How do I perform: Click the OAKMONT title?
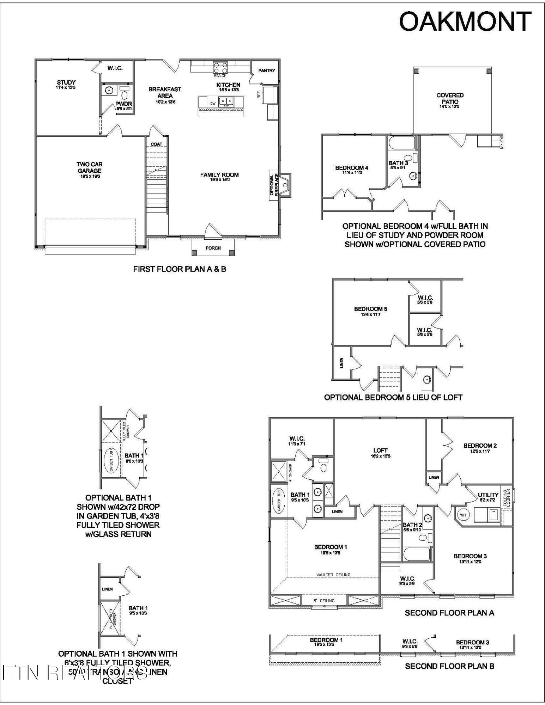point(465,22)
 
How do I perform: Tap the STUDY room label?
point(66,82)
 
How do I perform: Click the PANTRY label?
point(266,70)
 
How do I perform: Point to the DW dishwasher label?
point(212,104)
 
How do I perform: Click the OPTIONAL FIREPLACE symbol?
point(285,184)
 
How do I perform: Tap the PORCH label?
point(213,248)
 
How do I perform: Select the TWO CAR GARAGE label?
point(90,167)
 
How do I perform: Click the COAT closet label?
point(156,144)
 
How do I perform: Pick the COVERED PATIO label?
point(450,98)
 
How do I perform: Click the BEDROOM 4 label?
point(351,168)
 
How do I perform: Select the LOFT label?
point(380,450)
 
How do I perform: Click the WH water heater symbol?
point(463,515)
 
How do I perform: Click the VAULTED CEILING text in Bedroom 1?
point(333,575)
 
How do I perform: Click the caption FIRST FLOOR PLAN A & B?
point(180,269)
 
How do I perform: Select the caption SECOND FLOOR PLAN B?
point(449,666)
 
